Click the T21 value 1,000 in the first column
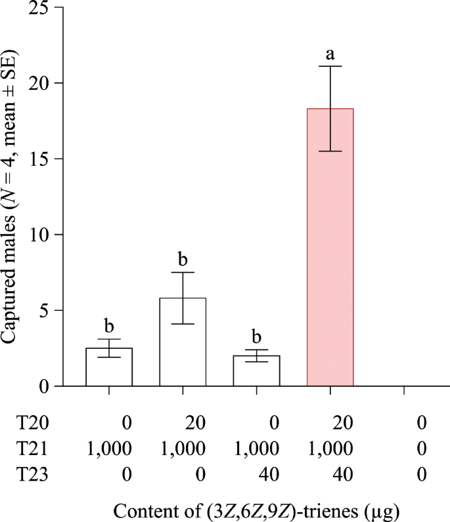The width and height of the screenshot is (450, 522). tap(110, 449)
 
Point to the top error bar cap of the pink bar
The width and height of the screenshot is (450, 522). tap(330, 66)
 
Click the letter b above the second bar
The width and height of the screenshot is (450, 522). tap(183, 260)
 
